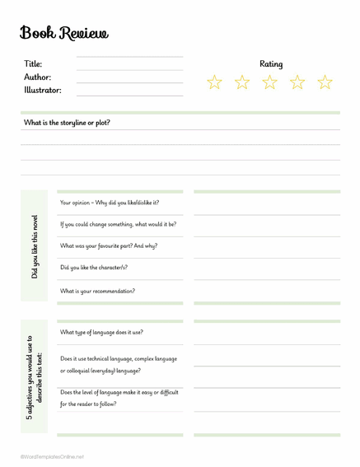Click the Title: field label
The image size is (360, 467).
[33, 64]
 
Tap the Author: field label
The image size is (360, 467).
[38, 77]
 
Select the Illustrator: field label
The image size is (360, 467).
[43, 90]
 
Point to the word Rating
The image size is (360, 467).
[271, 63]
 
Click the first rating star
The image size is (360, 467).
[215, 82]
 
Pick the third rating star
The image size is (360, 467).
[270, 82]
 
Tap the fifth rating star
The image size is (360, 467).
[325, 82]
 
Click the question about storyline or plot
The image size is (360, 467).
[67, 123]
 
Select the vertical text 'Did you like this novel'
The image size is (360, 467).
[35, 247]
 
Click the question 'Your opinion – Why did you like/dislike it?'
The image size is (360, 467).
[110, 203]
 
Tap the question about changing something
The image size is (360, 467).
[118, 224]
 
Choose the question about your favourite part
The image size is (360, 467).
[109, 245]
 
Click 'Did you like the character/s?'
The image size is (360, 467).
[94, 268]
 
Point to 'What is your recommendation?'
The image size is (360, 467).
[98, 291]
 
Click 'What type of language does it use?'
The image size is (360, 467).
[101, 332]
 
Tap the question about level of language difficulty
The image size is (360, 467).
[119, 398]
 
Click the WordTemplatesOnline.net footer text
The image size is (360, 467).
[53, 456]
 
